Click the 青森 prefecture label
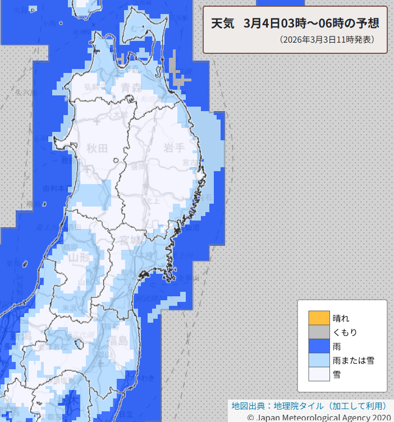[131, 87]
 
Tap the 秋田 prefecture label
[97, 148]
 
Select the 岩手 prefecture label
[175, 148]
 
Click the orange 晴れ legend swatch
[318, 318]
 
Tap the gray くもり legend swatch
[318, 332]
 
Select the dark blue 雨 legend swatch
[318, 346]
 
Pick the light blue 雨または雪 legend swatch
[318, 360]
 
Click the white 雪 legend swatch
[318, 374]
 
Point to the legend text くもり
[345, 332]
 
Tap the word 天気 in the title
[222, 24]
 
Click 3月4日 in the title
[262, 24]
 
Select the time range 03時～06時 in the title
[317, 24]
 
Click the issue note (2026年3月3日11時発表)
[326, 40]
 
